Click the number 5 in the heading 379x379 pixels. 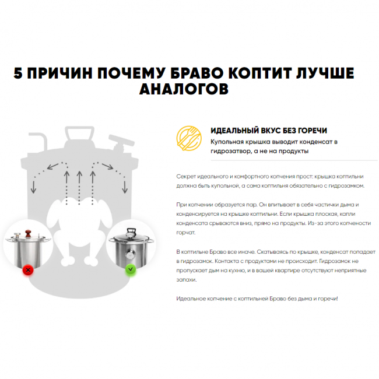[19, 73]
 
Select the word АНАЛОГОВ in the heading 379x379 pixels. [184, 89]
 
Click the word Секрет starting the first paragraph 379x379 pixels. [187, 176]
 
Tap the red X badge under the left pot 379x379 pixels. [27, 270]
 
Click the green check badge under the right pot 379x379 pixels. [131, 270]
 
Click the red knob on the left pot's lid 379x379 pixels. [27, 236]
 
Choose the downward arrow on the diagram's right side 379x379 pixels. [124, 185]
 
